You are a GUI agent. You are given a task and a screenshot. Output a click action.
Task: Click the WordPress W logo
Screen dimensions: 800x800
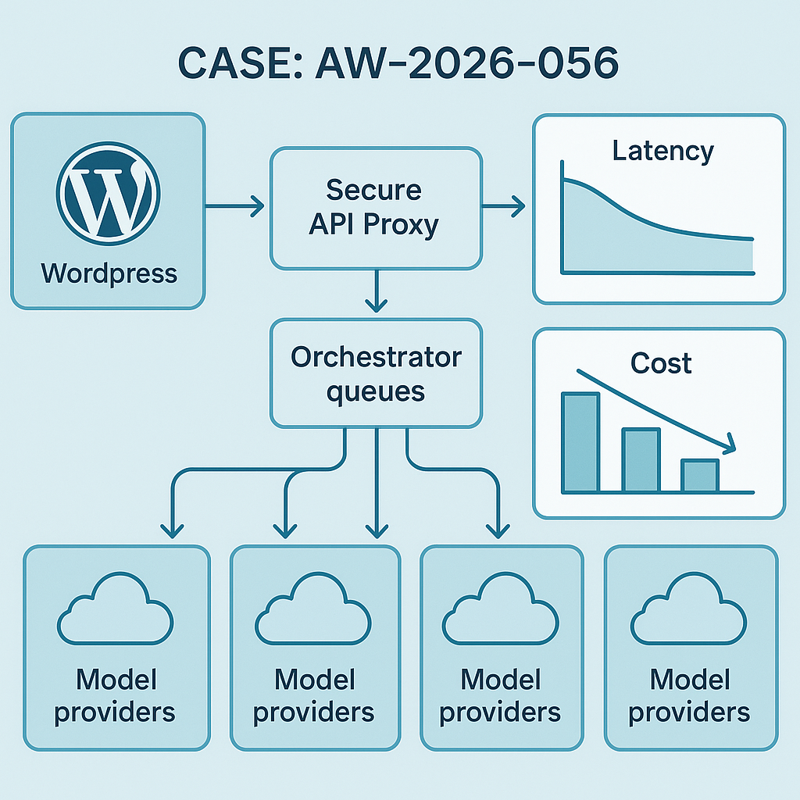click(108, 192)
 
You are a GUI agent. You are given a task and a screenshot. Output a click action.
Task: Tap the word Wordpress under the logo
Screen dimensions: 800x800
click(109, 273)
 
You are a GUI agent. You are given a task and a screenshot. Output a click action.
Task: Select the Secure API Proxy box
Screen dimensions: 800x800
click(375, 207)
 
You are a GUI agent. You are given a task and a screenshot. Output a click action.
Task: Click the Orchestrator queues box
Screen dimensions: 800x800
click(375, 373)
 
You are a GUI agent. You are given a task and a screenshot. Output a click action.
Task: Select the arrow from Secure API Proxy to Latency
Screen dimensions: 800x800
click(504, 207)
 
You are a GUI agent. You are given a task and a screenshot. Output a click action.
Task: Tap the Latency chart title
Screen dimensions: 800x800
click(662, 151)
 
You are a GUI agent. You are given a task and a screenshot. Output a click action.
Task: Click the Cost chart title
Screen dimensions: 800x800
click(662, 362)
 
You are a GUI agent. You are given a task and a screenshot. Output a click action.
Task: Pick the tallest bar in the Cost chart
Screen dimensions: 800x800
click(580, 442)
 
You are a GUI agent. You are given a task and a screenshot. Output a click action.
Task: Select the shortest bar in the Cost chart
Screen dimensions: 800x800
click(699, 476)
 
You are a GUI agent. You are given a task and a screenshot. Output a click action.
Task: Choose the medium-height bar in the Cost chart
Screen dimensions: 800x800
click(640, 459)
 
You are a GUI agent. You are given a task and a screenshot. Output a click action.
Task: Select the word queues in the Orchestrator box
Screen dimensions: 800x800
click(376, 390)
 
